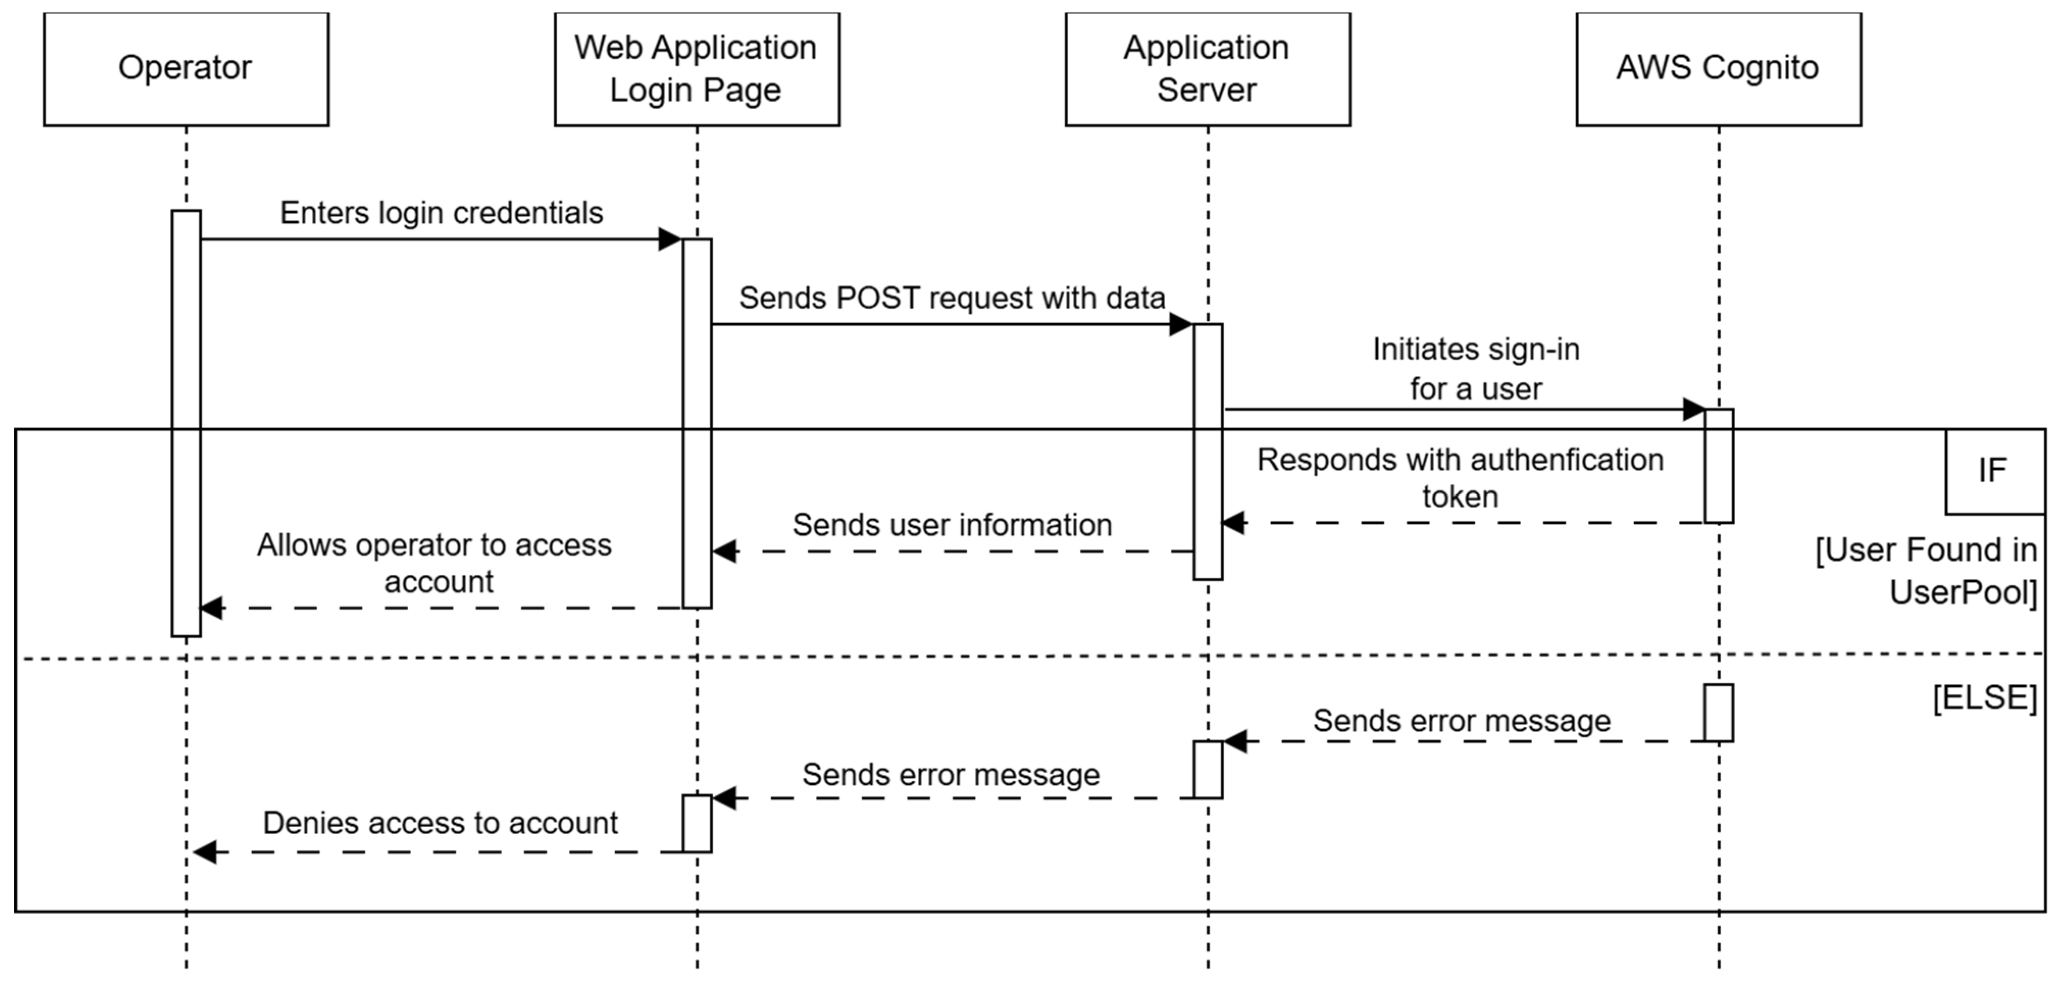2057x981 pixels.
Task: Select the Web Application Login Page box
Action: pos(696,69)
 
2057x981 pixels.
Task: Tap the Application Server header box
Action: pos(1207,69)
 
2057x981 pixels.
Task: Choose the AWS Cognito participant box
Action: pos(1718,69)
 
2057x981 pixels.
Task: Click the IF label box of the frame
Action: pos(1993,471)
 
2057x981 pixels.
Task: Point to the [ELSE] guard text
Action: pos(1985,698)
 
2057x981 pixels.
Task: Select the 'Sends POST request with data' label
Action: pos(951,298)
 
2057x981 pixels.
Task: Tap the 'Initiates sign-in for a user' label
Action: pos(1476,369)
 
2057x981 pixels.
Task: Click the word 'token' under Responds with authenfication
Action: pos(1460,497)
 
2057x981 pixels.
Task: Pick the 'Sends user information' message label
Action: pos(952,525)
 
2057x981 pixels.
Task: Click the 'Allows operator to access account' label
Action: pos(435,563)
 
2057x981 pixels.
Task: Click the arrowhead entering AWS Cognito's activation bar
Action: pos(1693,409)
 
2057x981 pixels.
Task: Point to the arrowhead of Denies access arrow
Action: pos(205,851)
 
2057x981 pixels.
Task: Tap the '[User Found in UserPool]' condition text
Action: pos(1926,571)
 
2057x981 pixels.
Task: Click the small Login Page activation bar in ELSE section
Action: pos(696,823)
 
